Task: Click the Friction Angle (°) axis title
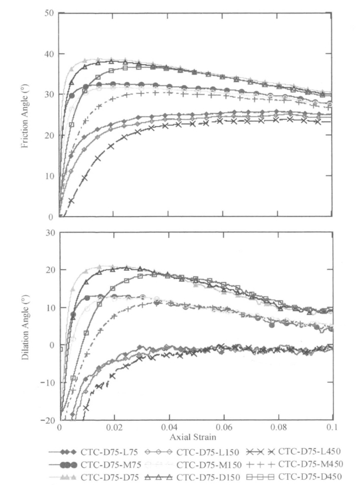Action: point(25,115)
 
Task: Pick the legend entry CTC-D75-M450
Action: point(306,464)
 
